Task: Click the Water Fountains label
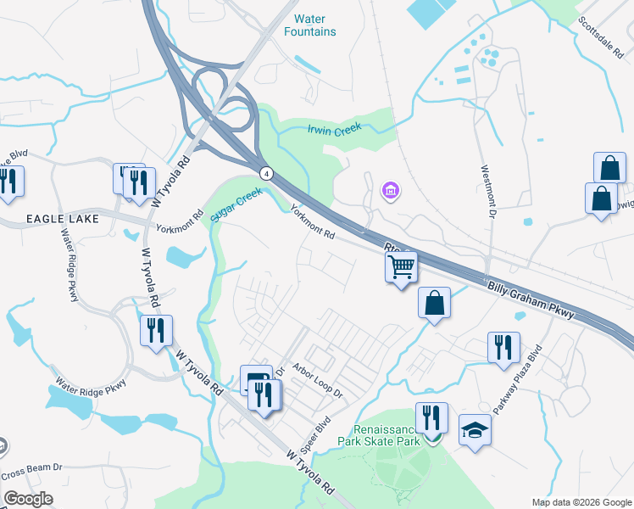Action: (314, 25)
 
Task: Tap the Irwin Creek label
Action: (334, 129)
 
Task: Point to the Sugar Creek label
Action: (238, 204)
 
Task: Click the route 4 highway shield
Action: (266, 172)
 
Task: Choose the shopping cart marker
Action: (402, 267)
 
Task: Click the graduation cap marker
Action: (475, 430)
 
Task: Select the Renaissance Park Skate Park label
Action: (379, 435)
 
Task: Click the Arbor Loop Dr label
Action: (317, 381)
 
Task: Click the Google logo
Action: (28, 499)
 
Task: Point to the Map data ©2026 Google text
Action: (581, 502)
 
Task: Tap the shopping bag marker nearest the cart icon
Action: (434, 303)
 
